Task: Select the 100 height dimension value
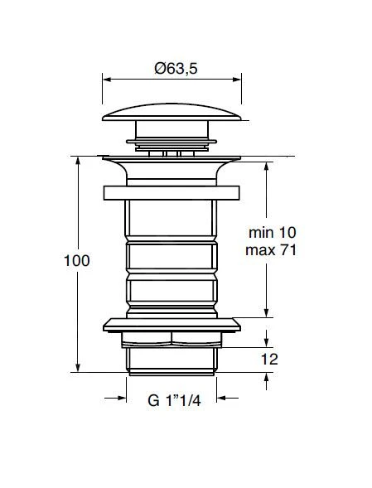tap(75, 260)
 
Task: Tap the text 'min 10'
tap(271, 234)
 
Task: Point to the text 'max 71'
tap(271, 250)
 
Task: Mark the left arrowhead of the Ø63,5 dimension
tap(106, 80)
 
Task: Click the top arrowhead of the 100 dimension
tap(78, 159)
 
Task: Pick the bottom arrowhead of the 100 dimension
tap(78, 369)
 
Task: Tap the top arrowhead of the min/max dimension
tap(267, 161)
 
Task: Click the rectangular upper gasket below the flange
tap(170, 192)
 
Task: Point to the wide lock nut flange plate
tap(170, 324)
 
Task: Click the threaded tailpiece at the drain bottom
tap(170, 358)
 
